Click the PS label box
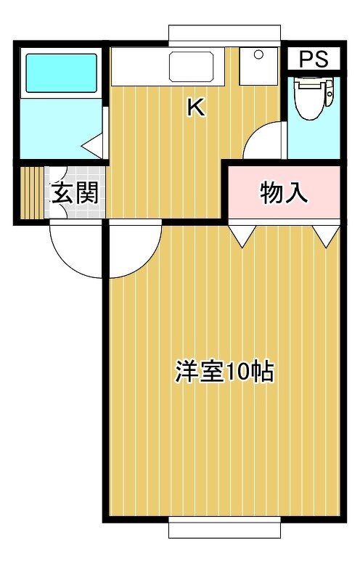(314, 59)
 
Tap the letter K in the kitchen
(196, 107)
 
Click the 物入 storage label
(283, 193)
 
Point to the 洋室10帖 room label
(224, 371)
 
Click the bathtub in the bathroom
(62, 73)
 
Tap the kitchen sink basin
(192, 67)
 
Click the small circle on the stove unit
(258, 54)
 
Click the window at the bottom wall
(225, 528)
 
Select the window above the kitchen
(225, 36)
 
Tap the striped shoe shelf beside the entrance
(32, 192)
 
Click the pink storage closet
(284, 192)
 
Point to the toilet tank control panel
(330, 94)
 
